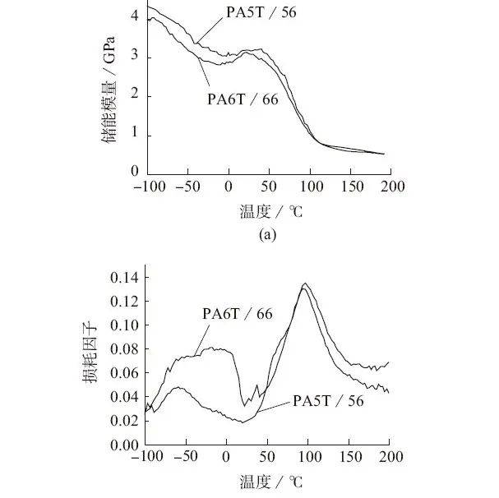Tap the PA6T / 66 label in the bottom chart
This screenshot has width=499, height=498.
(238, 313)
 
